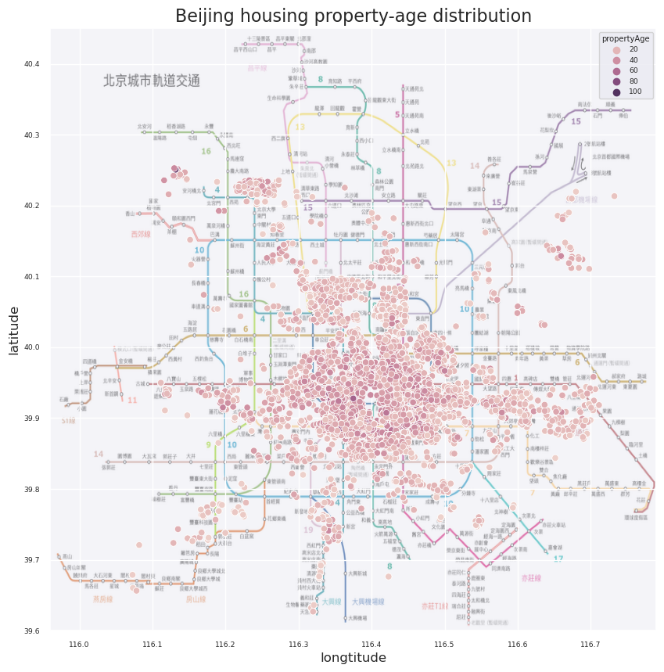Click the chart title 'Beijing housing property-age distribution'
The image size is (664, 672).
point(353,16)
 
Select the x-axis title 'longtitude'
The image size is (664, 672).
point(354,658)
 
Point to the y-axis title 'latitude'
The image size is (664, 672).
point(14,330)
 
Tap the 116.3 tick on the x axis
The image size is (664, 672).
point(299,644)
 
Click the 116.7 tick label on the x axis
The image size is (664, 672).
point(590,644)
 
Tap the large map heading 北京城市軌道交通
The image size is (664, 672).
point(152,81)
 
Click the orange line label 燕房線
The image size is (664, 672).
point(103,599)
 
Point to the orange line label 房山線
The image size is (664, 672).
point(196,599)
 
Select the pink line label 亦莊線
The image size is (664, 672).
point(531,578)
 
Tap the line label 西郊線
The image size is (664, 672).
point(140,233)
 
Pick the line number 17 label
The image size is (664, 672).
point(558,559)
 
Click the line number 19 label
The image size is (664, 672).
point(308,530)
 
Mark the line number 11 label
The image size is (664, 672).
point(132,400)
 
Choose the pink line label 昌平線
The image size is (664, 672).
point(257,68)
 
